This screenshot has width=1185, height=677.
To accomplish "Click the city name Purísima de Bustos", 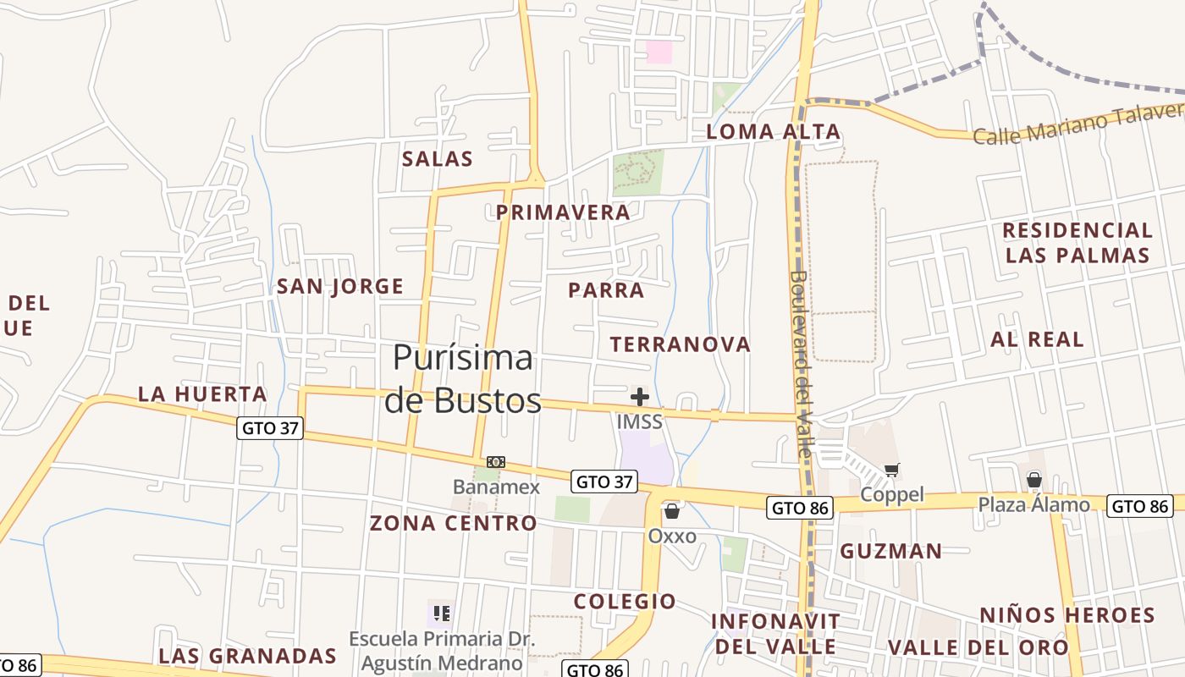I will (463, 379).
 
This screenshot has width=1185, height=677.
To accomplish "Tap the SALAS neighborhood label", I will (438, 159).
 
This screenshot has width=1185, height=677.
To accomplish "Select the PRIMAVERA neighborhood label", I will (563, 212).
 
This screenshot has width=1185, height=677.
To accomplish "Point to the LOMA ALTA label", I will (774, 132).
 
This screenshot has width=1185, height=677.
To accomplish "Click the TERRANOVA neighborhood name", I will (681, 344).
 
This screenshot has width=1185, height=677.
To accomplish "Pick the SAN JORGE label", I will (340, 286).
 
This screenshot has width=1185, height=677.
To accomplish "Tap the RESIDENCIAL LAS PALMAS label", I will (1078, 243).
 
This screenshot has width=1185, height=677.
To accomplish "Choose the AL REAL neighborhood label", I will (1037, 339).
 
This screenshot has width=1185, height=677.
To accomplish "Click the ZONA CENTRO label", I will (453, 523).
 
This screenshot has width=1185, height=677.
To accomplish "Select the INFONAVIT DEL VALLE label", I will (775, 634).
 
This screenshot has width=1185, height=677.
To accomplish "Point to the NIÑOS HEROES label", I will (1067, 615).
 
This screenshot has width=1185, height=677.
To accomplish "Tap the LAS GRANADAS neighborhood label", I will (247, 656).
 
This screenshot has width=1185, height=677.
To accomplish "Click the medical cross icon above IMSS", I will (640, 396).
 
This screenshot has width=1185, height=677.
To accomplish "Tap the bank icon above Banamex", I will (496, 462).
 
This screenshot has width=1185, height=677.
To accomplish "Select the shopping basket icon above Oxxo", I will (672, 511).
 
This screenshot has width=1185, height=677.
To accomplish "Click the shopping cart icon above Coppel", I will (891, 470).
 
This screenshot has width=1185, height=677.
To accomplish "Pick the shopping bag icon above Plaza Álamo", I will (1033, 480).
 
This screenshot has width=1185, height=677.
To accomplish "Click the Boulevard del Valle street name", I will (801, 364).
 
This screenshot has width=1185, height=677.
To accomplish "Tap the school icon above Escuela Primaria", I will (441, 613).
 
